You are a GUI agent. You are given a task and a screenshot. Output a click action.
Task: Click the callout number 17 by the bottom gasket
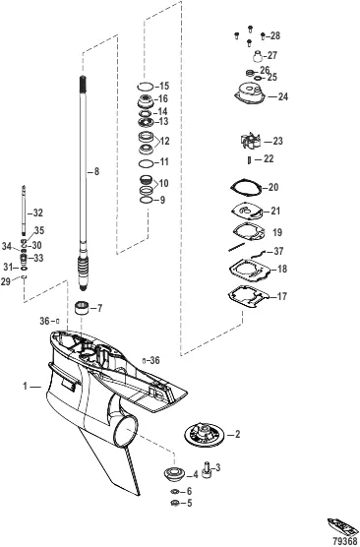pyautogui.click(x=284, y=295)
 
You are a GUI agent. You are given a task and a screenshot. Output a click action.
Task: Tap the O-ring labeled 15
pyautogui.click(x=145, y=87)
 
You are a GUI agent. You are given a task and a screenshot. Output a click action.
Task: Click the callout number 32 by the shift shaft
pyautogui.click(x=37, y=213)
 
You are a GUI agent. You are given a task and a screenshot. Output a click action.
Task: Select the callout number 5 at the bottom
pyautogui.click(x=190, y=503)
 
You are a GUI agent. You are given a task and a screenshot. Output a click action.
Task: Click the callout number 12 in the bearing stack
pyautogui.click(x=164, y=141)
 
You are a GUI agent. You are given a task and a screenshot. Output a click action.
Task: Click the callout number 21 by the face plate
pyautogui.click(x=275, y=212)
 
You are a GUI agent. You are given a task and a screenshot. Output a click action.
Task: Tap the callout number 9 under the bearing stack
pyautogui.click(x=164, y=200)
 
